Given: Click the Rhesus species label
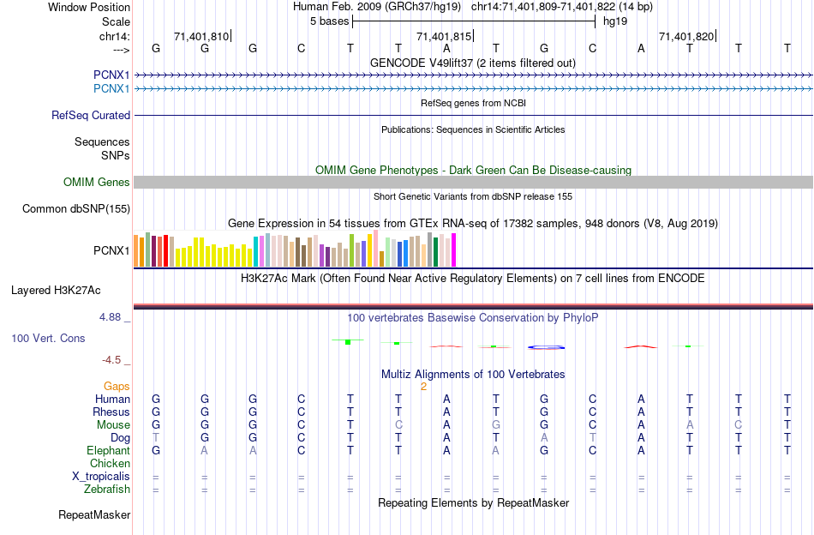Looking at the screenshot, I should tap(111, 412).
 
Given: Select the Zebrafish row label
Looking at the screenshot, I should tap(109, 490).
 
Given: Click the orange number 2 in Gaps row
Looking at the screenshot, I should tap(423, 387).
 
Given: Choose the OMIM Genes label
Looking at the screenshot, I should tap(97, 182).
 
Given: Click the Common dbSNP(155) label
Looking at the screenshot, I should tap(76, 208).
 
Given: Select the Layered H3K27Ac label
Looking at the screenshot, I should tap(60, 290).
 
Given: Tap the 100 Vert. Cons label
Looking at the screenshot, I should tap(48, 339).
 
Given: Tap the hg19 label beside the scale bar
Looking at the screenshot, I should tap(615, 20).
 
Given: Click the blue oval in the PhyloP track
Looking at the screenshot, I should tap(546, 347).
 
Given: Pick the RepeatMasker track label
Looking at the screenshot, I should tap(94, 515).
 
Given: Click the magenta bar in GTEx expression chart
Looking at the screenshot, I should tap(454, 250).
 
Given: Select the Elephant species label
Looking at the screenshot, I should tap(108, 450).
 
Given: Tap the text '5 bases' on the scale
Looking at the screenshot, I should tap(329, 20).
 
